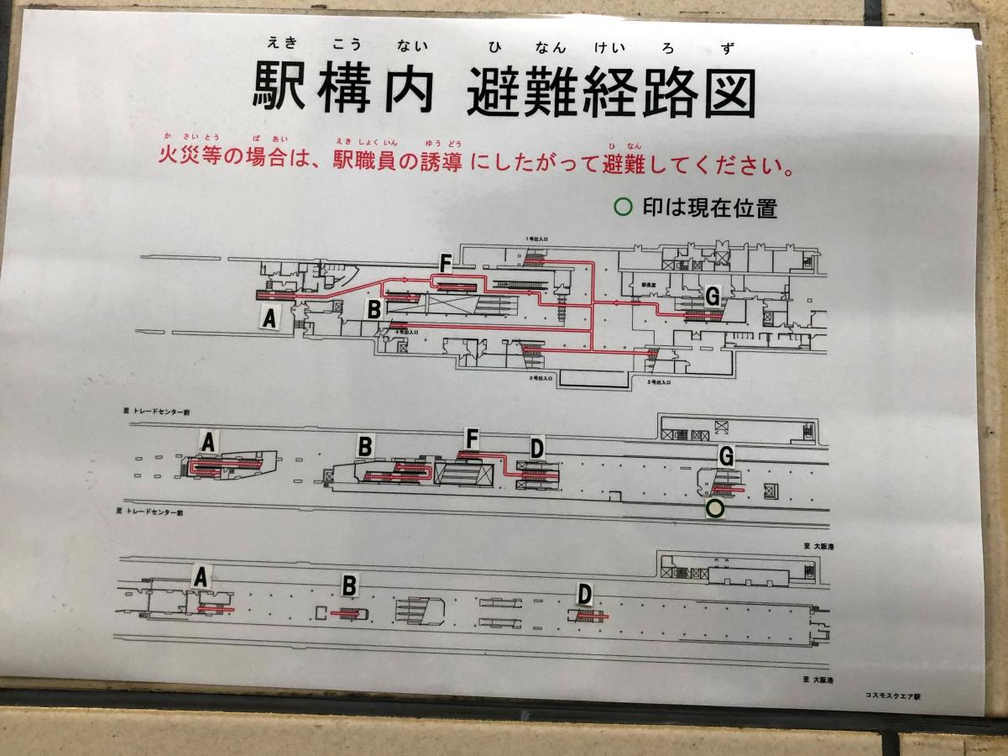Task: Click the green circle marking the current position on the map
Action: point(714,508)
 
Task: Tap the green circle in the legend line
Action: point(623,207)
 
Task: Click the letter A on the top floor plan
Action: point(269,319)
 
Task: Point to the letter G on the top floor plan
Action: point(712,295)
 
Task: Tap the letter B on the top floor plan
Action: point(374,309)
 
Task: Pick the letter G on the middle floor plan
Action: point(727,456)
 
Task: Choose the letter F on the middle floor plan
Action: point(473,438)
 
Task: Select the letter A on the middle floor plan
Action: point(208,440)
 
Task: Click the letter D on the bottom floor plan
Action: point(585,595)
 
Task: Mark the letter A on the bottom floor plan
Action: point(200,576)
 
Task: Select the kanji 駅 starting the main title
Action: point(280,88)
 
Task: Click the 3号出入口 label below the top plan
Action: point(541,379)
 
